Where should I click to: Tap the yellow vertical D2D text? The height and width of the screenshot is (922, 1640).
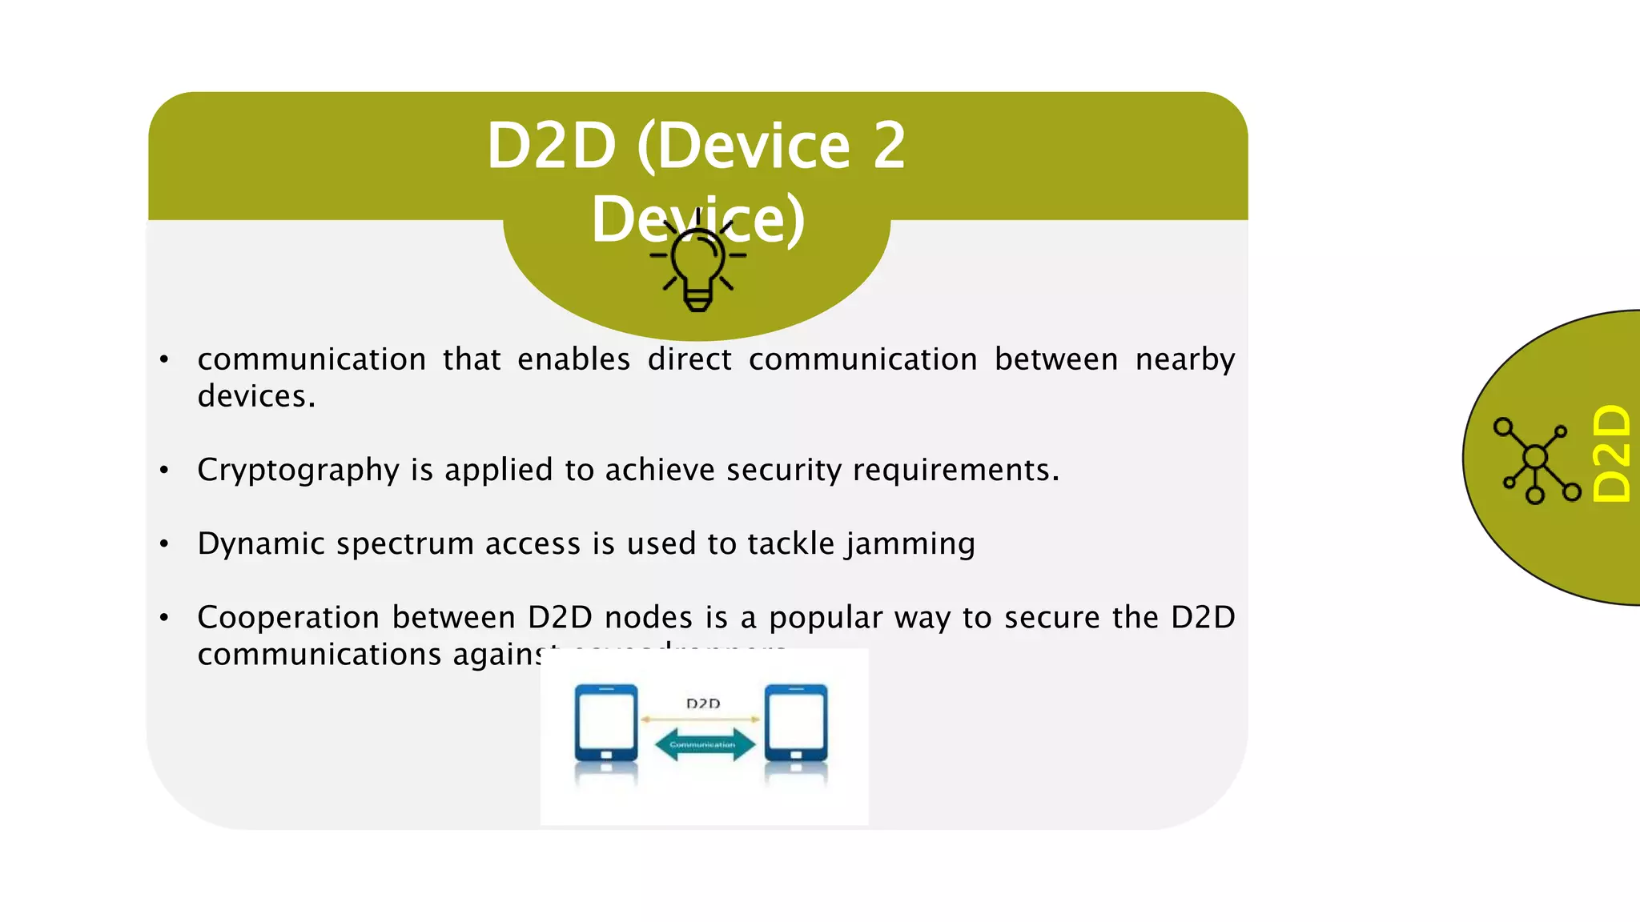coord(1611,454)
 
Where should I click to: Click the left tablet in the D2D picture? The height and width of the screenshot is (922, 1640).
coord(606,724)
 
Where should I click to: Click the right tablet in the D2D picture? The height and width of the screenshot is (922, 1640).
coord(796,724)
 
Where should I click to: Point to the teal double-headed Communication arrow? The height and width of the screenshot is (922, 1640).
coord(704,744)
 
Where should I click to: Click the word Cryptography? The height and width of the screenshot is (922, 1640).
coord(298,471)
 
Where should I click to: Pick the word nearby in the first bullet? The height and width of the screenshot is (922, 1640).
coord(1185,360)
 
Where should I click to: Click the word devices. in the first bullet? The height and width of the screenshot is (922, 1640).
coord(256,397)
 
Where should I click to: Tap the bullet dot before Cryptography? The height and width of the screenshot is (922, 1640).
coord(164,471)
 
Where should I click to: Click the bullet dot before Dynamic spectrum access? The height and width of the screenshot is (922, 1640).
coord(164,544)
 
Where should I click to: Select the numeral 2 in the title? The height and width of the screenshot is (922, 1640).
coord(889,146)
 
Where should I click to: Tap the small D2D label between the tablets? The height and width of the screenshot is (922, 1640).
coord(703,704)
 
